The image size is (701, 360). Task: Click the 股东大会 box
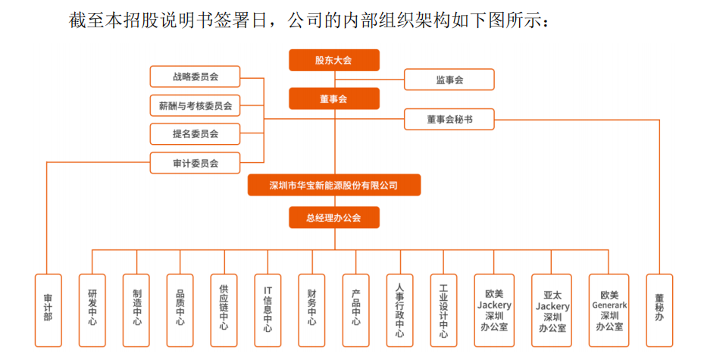click(333, 60)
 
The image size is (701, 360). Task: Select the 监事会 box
click(449, 80)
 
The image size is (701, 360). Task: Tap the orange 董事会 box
click(333, 99)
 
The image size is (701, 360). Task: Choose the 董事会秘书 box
click(449, 119)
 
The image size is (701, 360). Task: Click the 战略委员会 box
click(195, 77)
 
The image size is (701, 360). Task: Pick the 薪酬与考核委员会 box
click(195, 105)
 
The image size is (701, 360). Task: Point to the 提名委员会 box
click(195, 134)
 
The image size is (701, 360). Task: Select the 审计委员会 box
click(195, 163)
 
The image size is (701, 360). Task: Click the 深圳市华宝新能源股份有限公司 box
click(333, 185)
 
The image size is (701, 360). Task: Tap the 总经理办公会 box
click(333, 218)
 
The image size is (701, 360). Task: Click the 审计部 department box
click(49, 310)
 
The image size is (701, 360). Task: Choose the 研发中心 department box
click(92, 310)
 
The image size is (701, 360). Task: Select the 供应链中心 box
click(224, 310)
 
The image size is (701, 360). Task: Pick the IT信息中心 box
click(268, 310)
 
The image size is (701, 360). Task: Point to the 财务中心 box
click(311, 310)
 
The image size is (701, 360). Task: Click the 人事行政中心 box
click(399, 310)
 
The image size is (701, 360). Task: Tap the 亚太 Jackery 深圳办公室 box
click(552, 310)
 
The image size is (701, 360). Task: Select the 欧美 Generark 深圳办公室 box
click(609, 310)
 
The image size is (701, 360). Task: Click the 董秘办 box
click(659, 310)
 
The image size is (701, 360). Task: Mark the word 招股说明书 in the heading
click(166, 21)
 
